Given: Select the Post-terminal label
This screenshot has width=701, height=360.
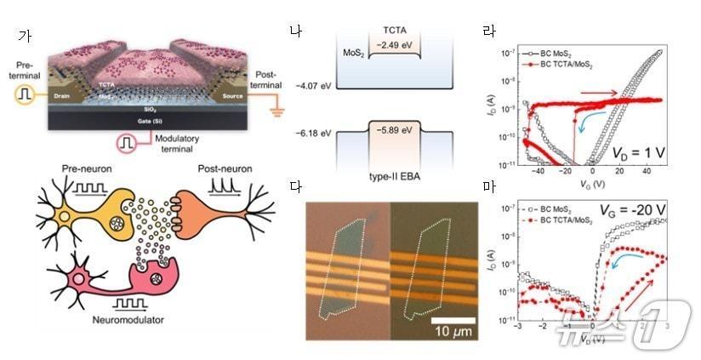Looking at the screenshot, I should pos(270,79).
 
